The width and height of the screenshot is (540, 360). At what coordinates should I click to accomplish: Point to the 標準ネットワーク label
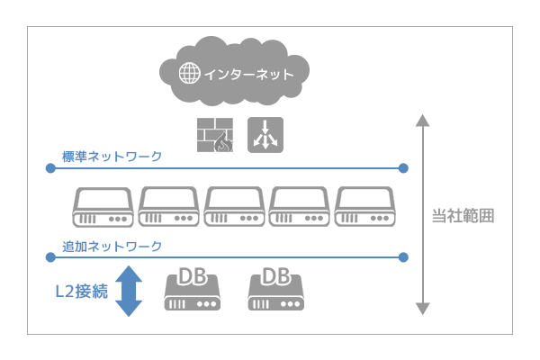pos(112,157)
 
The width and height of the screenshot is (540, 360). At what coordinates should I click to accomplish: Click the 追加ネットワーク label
pos(112,246)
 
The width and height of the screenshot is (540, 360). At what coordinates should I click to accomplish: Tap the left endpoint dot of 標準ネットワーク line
pos(50,168)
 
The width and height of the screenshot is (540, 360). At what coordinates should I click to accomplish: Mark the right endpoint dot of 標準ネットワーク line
pos(403,168)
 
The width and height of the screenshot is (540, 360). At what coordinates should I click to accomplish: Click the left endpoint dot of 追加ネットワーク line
pos(50,257)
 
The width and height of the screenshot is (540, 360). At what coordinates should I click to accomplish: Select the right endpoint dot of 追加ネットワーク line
pos(403,257)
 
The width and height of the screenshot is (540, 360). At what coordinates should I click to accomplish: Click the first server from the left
pos(103,208)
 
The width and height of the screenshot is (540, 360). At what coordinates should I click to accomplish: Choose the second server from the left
pos(169,208)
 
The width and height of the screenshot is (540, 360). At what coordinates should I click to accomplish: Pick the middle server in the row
pos(235,208)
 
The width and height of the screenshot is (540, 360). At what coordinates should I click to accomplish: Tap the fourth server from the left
pos(301,208)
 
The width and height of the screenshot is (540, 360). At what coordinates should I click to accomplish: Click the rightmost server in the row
pos(365,208)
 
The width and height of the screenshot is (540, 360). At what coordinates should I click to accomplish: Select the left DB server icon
pos(193,289)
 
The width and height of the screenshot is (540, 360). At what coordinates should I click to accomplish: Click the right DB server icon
pos(275,289)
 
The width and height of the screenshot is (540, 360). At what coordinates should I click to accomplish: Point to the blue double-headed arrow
pos(130,291)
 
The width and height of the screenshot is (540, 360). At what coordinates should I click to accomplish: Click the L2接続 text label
pos(79,291)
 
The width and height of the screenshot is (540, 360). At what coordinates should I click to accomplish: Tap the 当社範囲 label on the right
pos(464,217)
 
